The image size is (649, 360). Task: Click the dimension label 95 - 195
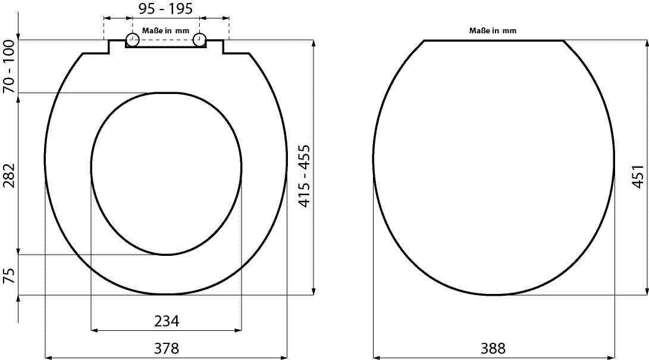165,9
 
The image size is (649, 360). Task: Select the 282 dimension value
9,176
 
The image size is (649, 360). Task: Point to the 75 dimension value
9,276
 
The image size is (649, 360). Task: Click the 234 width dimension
167,321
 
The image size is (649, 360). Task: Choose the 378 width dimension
167,348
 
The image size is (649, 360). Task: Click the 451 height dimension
639,176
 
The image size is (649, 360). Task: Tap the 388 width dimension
493,348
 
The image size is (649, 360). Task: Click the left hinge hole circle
132,40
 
